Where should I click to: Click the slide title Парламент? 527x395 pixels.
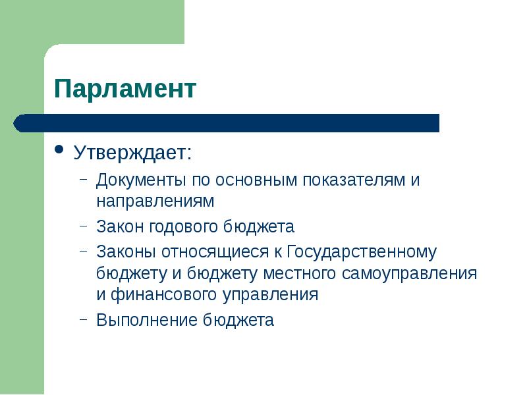tap(125, 88)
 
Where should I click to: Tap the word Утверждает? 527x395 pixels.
tap(131, 154)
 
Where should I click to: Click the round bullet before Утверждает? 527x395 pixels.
tap(59, 149)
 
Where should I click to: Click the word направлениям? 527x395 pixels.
tap(155, 199)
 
